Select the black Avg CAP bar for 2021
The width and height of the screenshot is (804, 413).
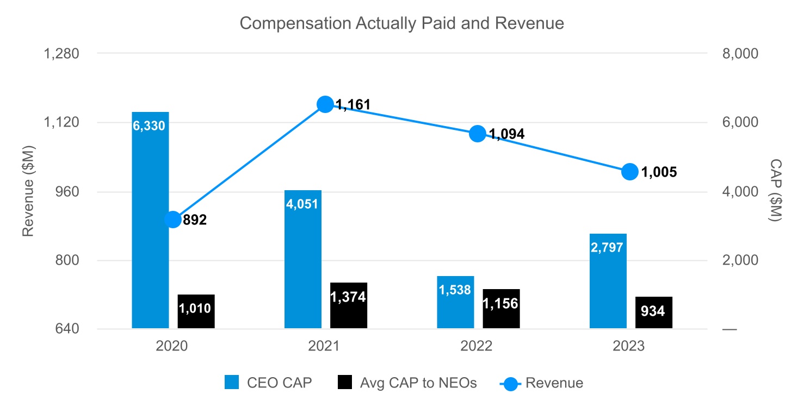click(x=349, y=305)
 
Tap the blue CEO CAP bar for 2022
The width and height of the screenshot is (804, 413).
click(x=455, y=302)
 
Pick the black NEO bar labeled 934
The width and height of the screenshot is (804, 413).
click(x=654, y=312)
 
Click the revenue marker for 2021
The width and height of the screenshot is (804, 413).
click(x=325, y=104)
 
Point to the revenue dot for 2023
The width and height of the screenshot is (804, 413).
click(x=630, y=172)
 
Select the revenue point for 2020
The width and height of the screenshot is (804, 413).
click(x=173, y=220)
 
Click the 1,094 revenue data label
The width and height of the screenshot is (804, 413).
click(x=506, y=134)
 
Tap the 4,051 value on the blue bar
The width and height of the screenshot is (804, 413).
click(x=303, y=204)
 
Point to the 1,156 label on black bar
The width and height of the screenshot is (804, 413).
click(x=500, y=303)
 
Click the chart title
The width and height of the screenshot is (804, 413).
click(x=401, y=23)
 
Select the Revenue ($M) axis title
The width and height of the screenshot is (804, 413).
click(x=28, y=191)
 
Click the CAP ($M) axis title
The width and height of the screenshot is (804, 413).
click(x=775, y=190)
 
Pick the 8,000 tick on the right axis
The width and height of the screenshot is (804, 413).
click(x=738, y=54)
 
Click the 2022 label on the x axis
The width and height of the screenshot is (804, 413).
click(x=477, y=347)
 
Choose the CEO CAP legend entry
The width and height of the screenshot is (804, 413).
click(x=269, y=383)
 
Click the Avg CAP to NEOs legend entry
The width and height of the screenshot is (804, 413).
click(x=407, y=383)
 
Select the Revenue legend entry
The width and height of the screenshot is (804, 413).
click(x=542, y=383)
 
